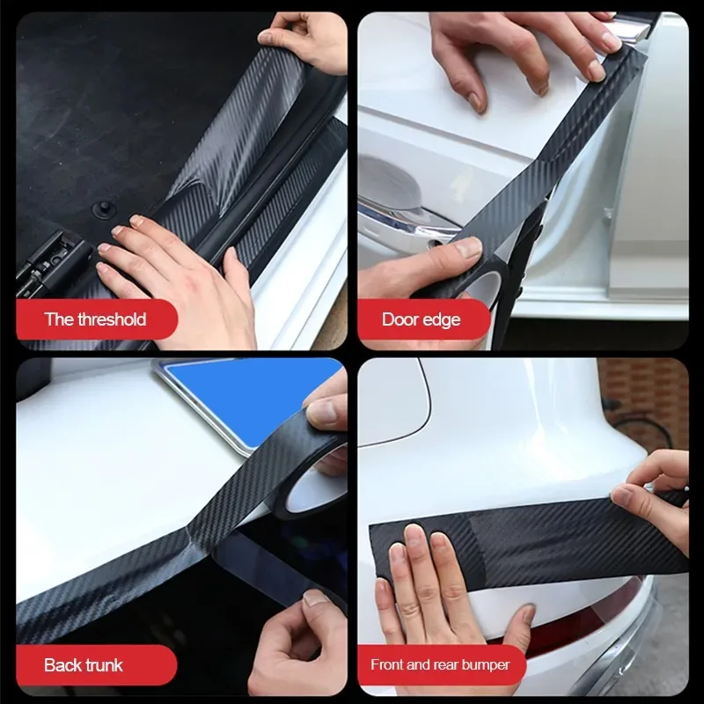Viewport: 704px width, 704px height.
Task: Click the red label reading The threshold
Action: pyautogui.click(x=95, y=319)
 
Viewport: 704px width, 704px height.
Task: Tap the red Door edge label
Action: pyautogui.click(x=421, y=319)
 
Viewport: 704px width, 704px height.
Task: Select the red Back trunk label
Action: pyautogui.click(x=84, y=665)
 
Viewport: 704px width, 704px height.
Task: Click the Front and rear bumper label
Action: pyautogui.click(x=440, y=665)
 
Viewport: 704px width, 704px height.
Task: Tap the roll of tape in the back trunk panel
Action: pyautogui.click(x=321, y=475)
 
